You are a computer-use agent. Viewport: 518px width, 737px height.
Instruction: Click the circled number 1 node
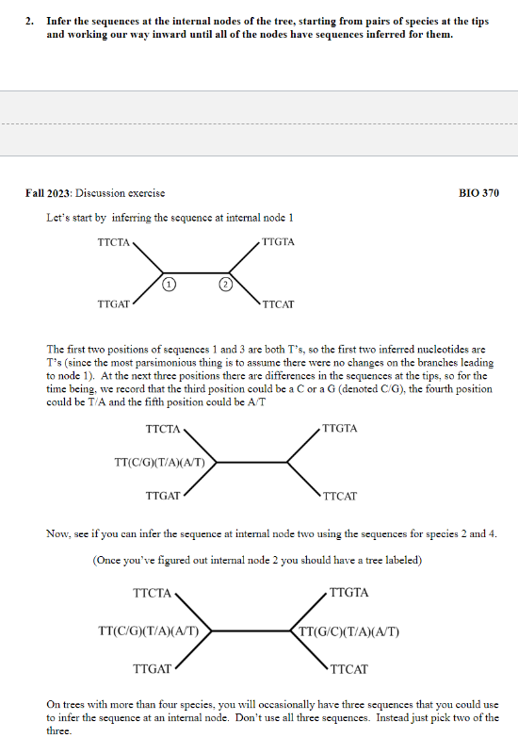pos(167,283)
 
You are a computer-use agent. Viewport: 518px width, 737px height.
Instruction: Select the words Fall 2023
pos(48,193)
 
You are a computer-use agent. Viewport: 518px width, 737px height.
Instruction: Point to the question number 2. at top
pos(30,21)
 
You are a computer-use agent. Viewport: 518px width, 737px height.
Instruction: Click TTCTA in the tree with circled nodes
pos(114,242)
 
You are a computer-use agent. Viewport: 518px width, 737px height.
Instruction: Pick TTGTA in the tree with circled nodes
pos(278,242)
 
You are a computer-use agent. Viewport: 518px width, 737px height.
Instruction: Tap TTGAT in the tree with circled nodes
pos(114,305)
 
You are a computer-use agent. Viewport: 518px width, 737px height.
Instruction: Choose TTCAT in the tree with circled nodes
pos(279,305)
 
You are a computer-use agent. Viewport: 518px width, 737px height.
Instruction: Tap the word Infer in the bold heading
pos(62,21)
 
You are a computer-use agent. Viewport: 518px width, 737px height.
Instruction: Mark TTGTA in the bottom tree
pos(349,593)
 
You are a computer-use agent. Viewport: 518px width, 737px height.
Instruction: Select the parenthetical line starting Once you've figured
pos(257,560)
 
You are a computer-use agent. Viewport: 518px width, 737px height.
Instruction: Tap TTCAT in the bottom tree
pos(349,670)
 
